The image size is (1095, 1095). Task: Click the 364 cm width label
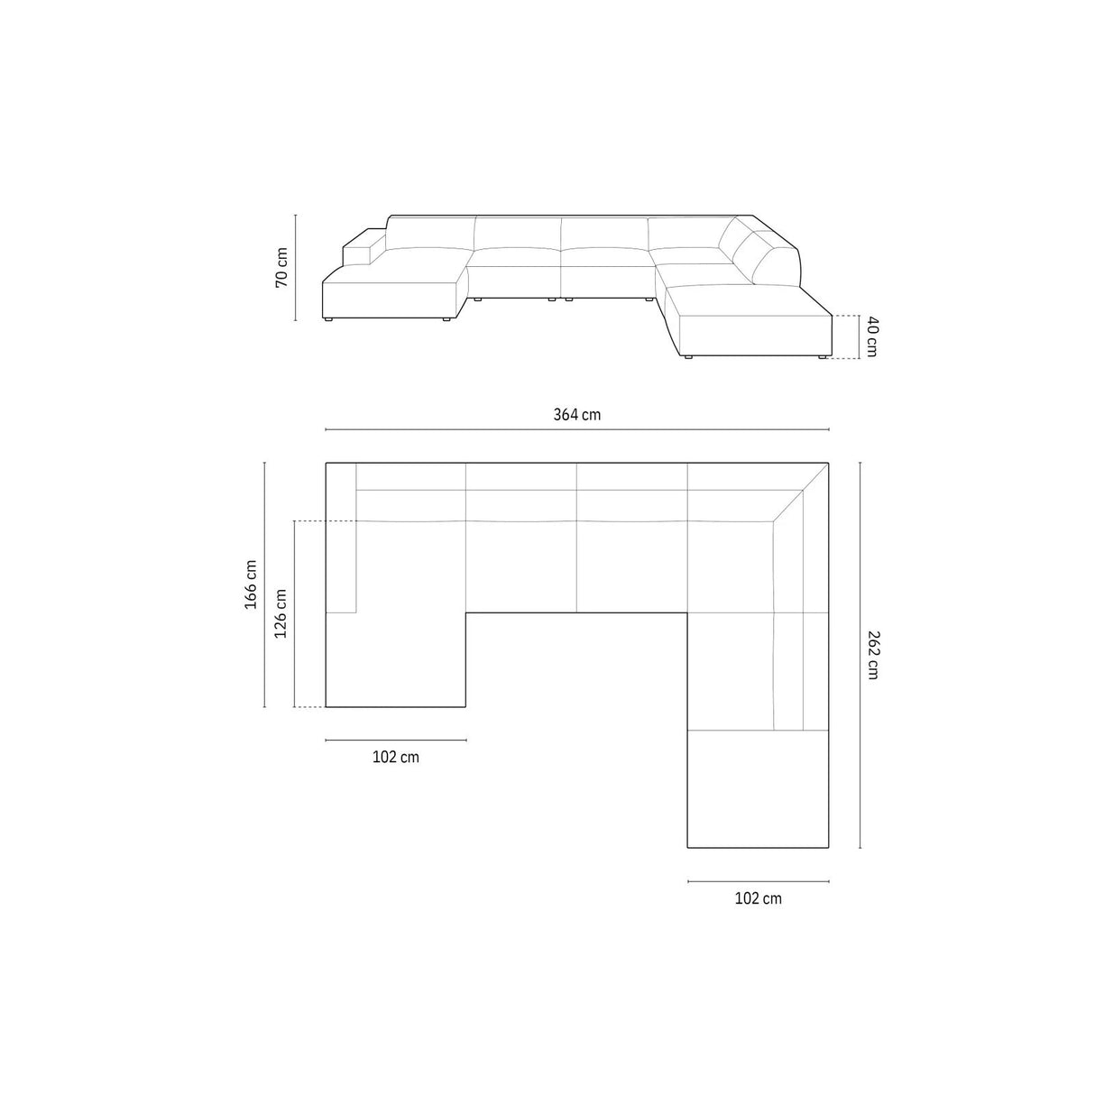576,415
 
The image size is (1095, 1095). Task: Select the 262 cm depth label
871,655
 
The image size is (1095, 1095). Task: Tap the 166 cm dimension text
251,584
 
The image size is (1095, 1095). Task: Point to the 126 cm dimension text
281,613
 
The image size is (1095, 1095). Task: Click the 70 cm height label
281,267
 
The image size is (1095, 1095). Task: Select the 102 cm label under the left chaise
395,757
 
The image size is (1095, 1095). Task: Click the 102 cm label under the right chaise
758,897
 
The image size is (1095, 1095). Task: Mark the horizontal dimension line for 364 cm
576,430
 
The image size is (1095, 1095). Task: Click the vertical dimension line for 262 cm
860,655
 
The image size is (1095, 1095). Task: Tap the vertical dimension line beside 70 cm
295,267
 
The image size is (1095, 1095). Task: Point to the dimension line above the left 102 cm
395,741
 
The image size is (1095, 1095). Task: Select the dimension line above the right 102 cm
758,881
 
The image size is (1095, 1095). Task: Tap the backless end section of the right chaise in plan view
758,789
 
